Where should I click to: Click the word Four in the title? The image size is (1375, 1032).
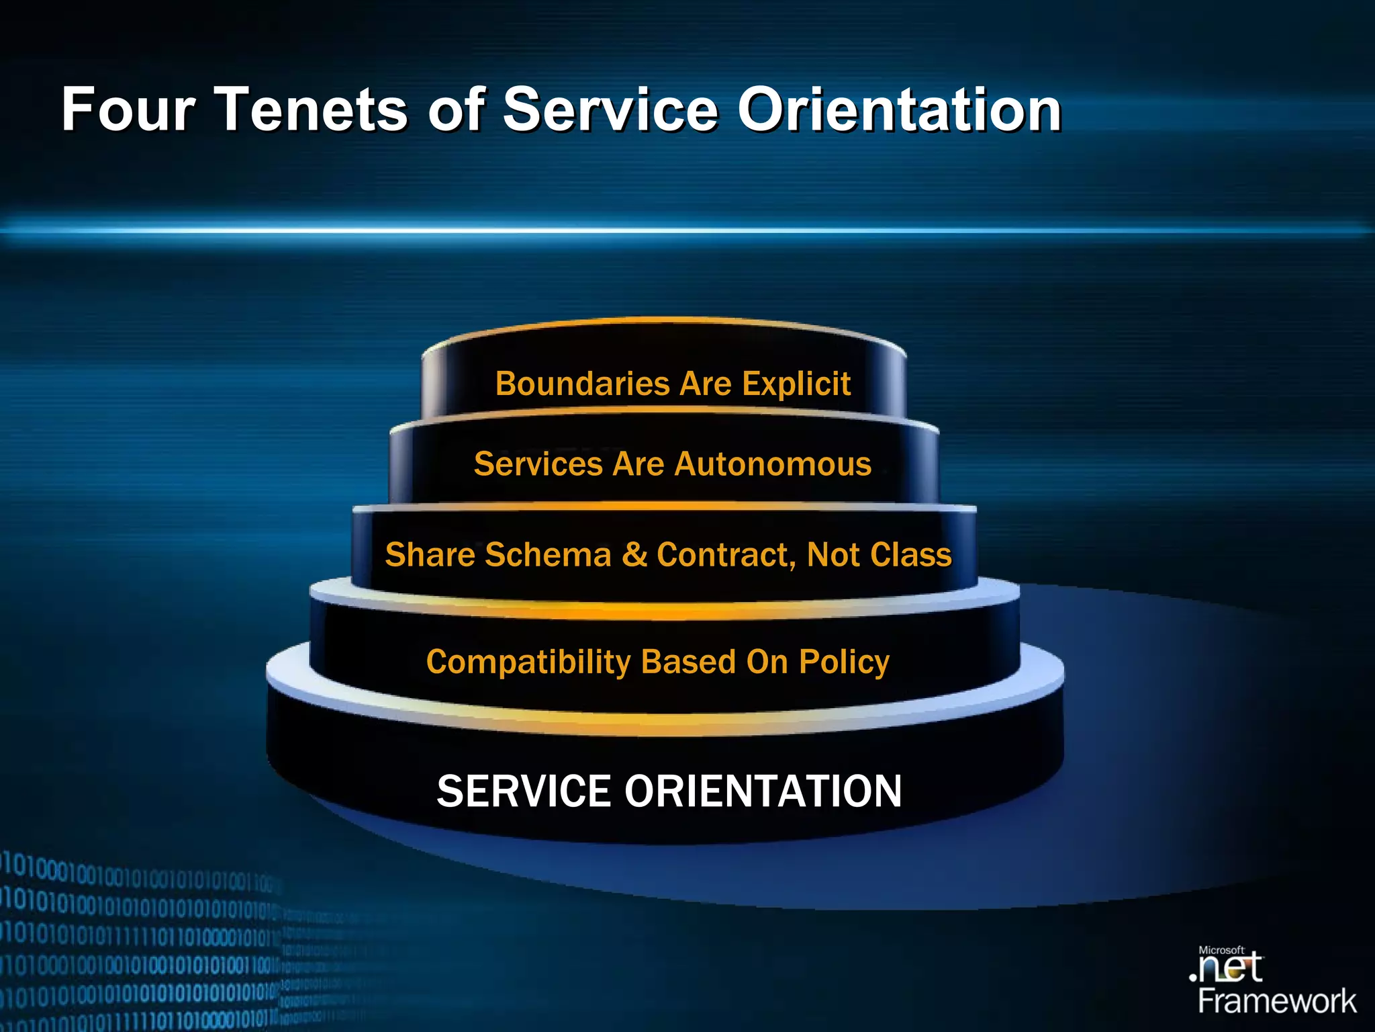(x=128, y=110)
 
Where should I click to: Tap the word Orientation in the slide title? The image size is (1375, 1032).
(x=900, y=110)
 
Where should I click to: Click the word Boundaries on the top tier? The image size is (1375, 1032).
(x=582, y=384)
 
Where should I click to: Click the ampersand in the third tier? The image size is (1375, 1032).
(x=634, y=555)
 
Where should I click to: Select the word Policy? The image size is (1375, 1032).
(x=844, y=662)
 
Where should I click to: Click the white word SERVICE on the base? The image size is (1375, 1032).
(x=524, y=791)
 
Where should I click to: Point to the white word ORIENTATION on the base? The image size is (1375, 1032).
(x=763, y=791)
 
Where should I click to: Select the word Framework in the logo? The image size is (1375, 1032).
(x=1277, y=1002)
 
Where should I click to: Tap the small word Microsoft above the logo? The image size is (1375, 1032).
(x=1221, y=950)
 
